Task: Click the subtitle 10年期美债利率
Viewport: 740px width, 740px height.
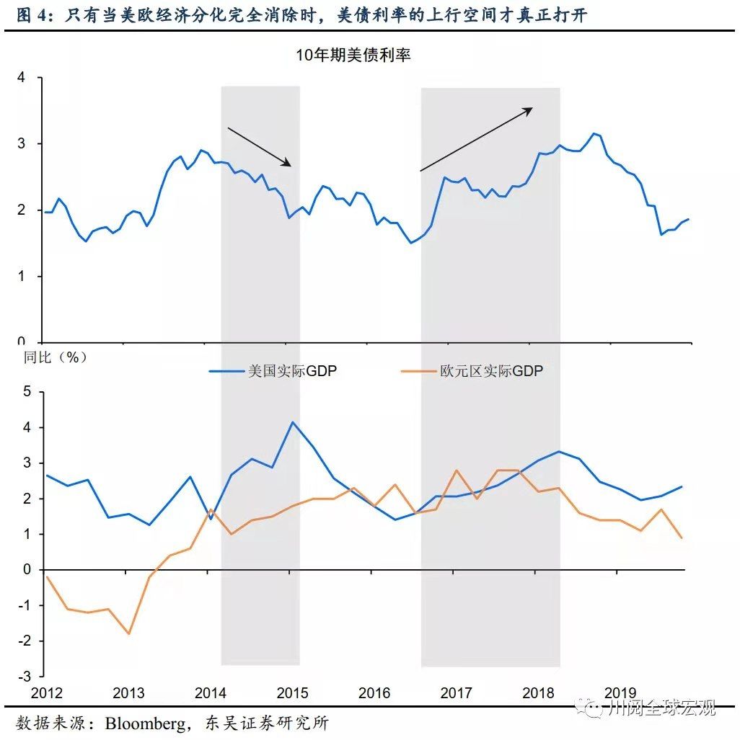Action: tap(353, 55)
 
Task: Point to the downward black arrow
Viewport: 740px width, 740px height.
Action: tap(260, 147)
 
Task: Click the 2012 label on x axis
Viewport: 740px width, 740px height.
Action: tap(48, 693)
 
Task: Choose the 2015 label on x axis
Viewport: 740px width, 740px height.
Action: tap(292, 693)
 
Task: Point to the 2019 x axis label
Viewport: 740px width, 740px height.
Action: tap(619, 693)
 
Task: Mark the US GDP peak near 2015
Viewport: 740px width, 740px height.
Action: tap(292, 422)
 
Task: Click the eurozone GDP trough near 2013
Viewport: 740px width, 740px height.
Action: tap(129, 633)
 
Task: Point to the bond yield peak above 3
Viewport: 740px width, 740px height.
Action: tap(594, 133)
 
